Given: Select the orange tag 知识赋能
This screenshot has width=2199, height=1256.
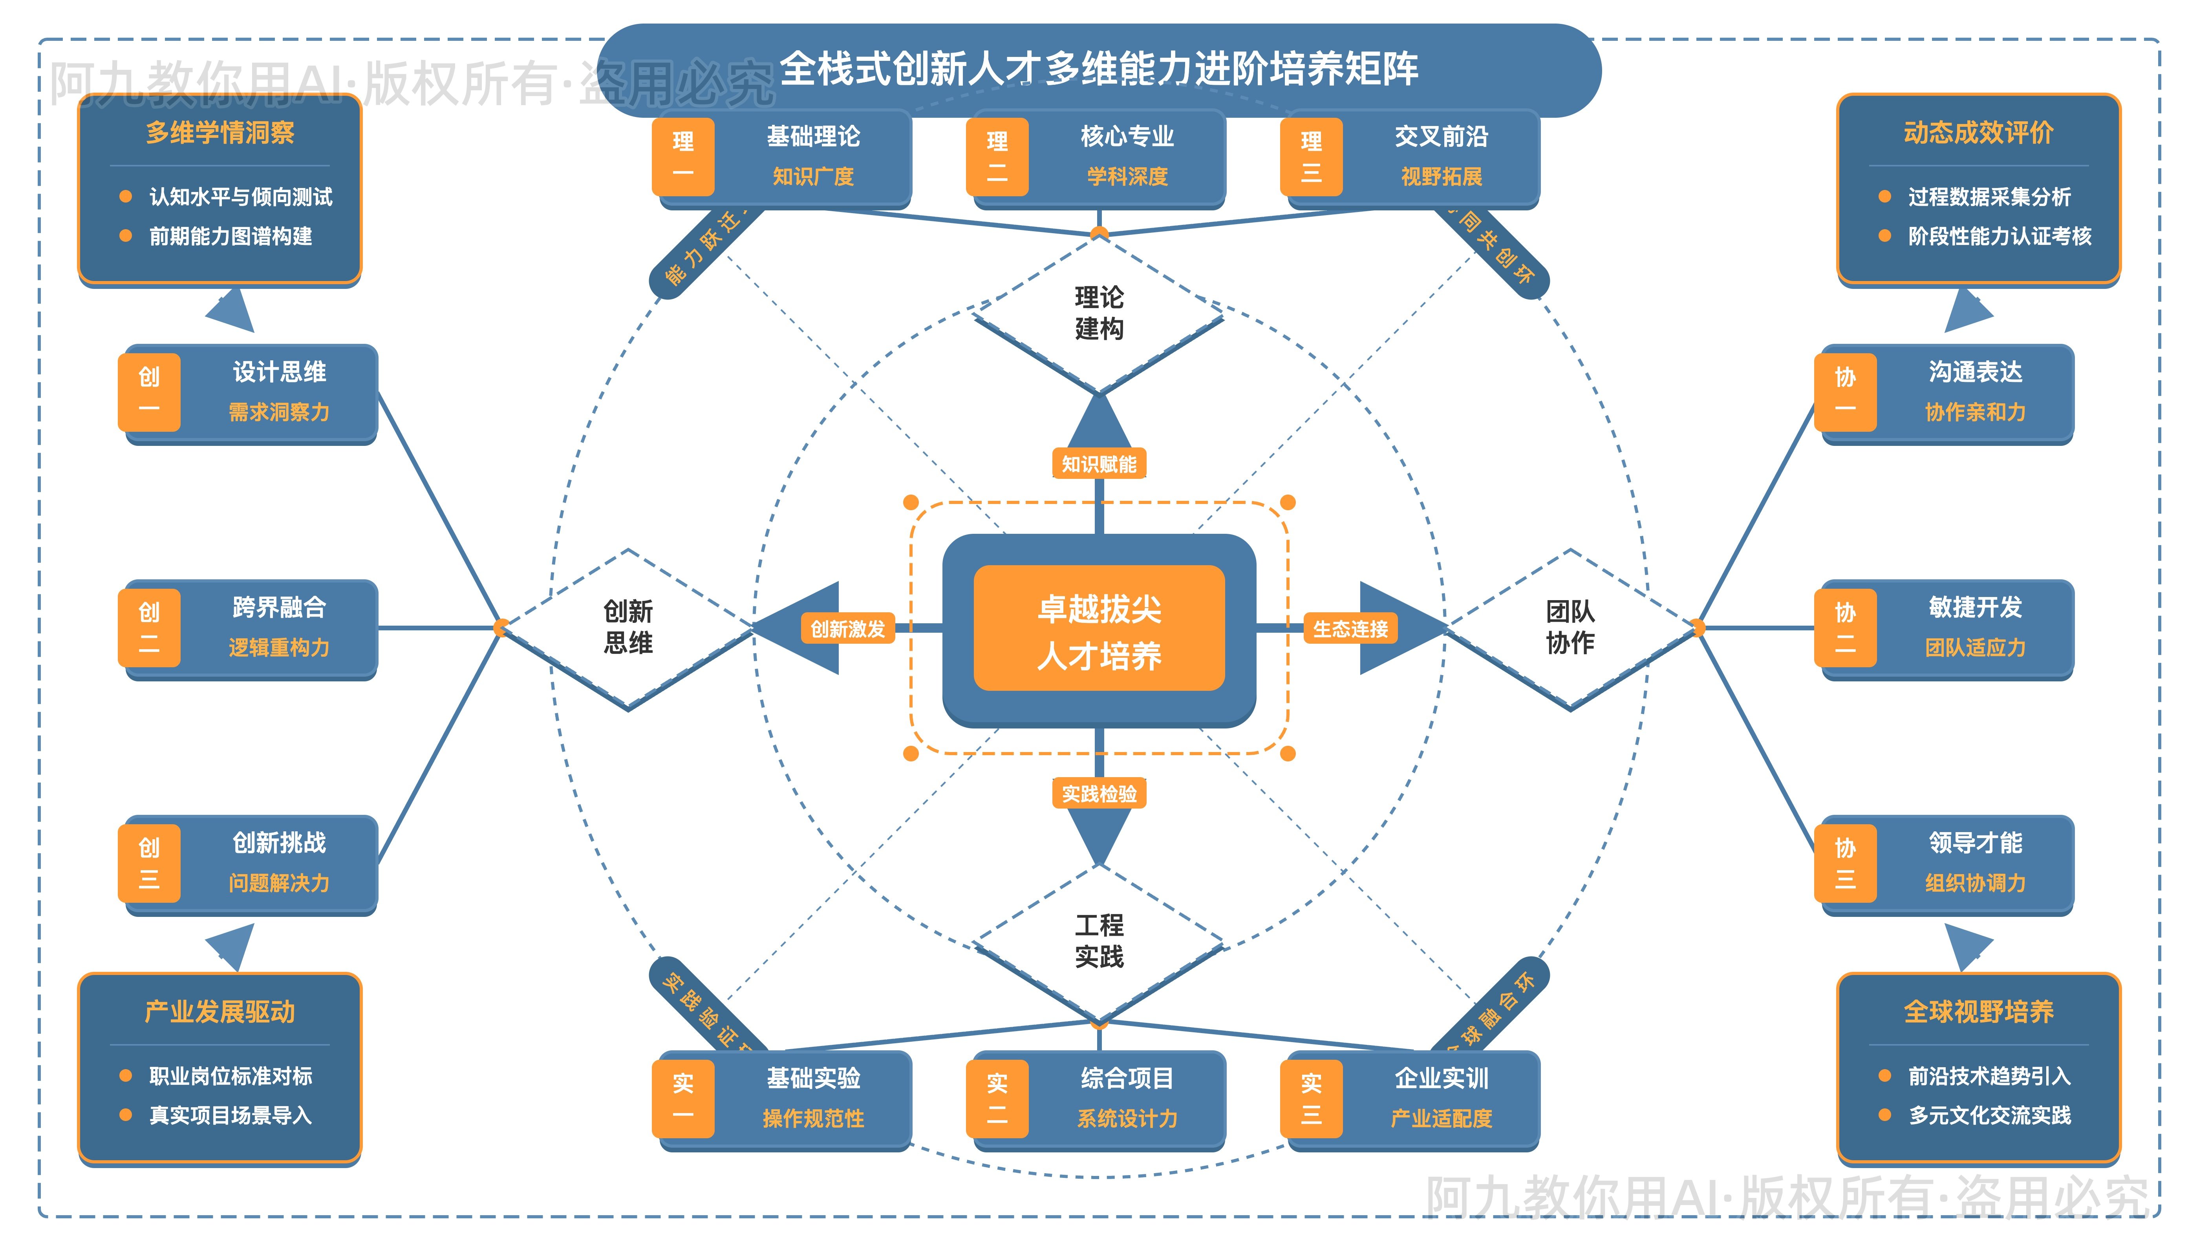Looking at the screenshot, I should click(1099, 464).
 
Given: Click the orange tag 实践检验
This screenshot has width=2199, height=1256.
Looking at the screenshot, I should click(1099, 794).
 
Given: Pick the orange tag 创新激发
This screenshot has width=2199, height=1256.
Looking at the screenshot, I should click(847, 629).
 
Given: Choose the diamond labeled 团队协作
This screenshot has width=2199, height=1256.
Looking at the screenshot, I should click(1570, 627).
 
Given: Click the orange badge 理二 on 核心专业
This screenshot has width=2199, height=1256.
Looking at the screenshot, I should click(997, 157).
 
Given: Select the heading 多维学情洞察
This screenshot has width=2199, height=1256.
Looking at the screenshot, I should click(220, 133).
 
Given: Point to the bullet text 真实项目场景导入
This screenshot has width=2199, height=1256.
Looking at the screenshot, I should click(231, 1115).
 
